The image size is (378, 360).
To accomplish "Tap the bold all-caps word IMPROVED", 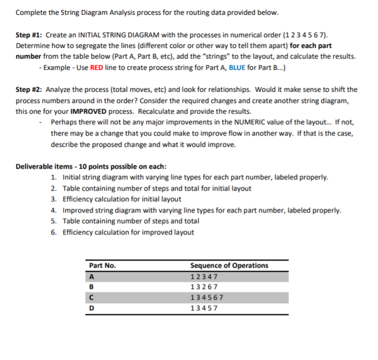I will tap(91, 112).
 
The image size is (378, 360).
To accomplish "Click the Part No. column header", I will tap(102, 265).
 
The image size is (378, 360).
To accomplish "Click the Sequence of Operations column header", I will tap(229, 265).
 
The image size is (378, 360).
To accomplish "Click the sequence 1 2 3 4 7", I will tap(203, 277).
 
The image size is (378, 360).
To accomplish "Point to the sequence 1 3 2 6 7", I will tap(203, 287).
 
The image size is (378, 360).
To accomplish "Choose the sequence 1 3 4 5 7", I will tap(203, 308).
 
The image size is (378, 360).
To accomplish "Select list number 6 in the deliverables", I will tap(54, 232).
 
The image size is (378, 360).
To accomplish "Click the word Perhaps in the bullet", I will tap(64, 123).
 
